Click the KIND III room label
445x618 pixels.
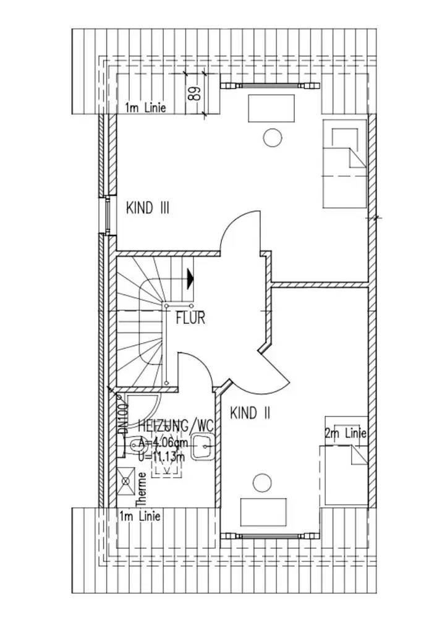pyautogui.click(x=148, y=208)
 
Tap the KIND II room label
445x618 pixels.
pyautogui.click(x=250, y=413)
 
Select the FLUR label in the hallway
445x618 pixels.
pyautogui.click(x=190, y=320)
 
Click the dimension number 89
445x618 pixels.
pyautogui.click(x=194, y=95)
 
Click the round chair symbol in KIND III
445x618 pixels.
pyautogui.click(x=271, y=137)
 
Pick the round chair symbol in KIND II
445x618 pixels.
pyautogui.click(x=262, y=481)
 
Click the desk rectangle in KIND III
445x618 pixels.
pyautogui.click(x=271, y=109)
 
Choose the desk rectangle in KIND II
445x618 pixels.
pyautogui.click(x=263, y=510)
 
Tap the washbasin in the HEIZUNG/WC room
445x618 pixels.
pyautogui.click(x=203, y=446)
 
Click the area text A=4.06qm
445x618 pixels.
pyautogui.click(x=164, y=442)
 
